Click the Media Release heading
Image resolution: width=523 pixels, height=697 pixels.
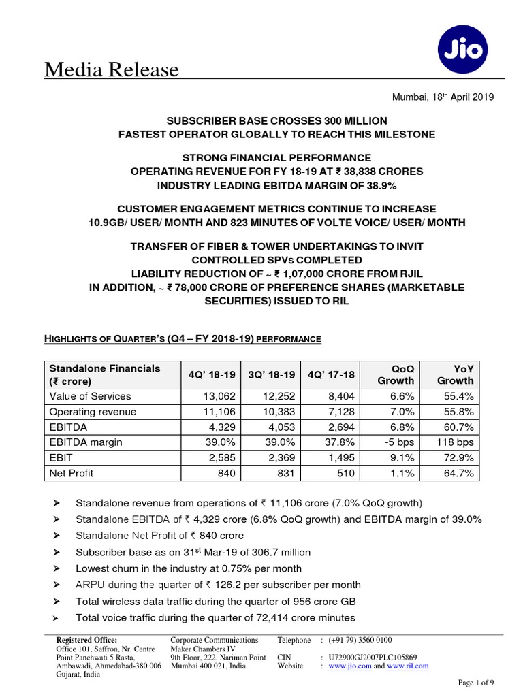pyautogui.click(x=112, y=69)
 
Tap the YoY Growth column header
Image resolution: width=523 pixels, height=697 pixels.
pyautogui.click(x=455, y=374)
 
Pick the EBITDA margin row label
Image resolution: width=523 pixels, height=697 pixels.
pyautogui.click(x=84, y=442)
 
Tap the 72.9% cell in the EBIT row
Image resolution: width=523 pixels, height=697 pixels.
pyautogui.click(x=458, y=457)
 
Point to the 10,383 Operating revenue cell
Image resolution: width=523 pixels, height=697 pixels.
pyautogui.click(x=278, y=412)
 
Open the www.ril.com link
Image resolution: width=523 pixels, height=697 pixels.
pyautogui.click(x=407, y=666)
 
